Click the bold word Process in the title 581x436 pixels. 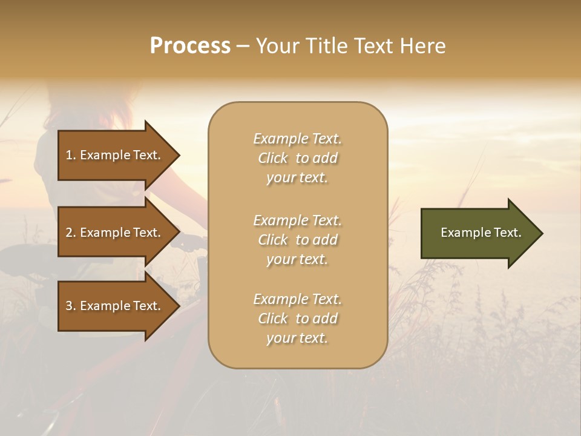click(x=190, y=46)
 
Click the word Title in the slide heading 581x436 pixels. click(x=325, y=46)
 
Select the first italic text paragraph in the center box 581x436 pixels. click(x=297, y=158)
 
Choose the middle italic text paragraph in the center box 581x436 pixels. click(x=297, y=240)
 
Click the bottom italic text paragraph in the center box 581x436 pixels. click(x=297, y=319)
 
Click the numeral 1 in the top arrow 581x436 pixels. click(x=69, y=155)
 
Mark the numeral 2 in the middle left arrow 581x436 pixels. click(x=69, y=233)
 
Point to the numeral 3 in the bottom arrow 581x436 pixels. click(x=69, y=306)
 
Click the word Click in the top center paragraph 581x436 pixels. click(x=273, y=158)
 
